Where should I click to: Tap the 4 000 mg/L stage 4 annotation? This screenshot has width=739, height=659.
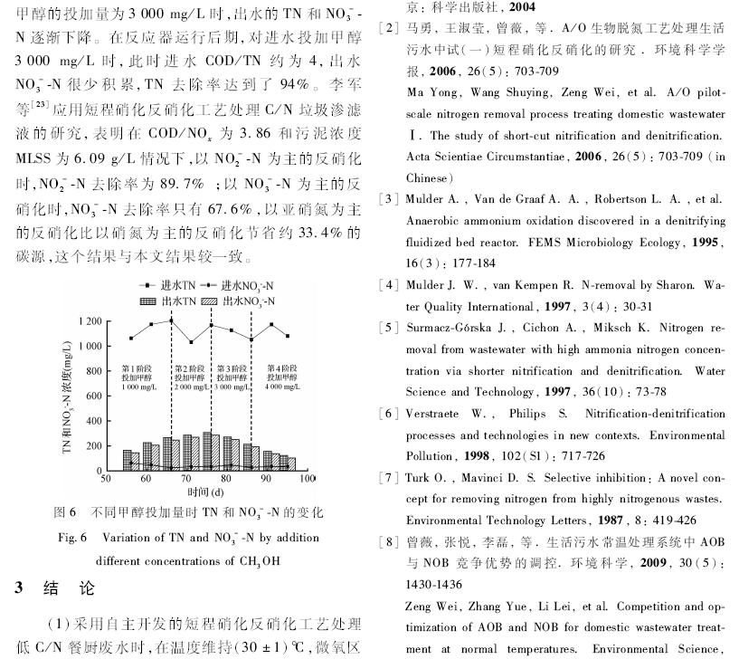pyautogui.click(x=286, y=387)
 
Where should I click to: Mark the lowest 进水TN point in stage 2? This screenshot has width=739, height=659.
pyautogui.click(x=192, y=342)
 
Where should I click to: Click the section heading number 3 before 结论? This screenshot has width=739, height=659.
pyautogui.click(x=18, y=587)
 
